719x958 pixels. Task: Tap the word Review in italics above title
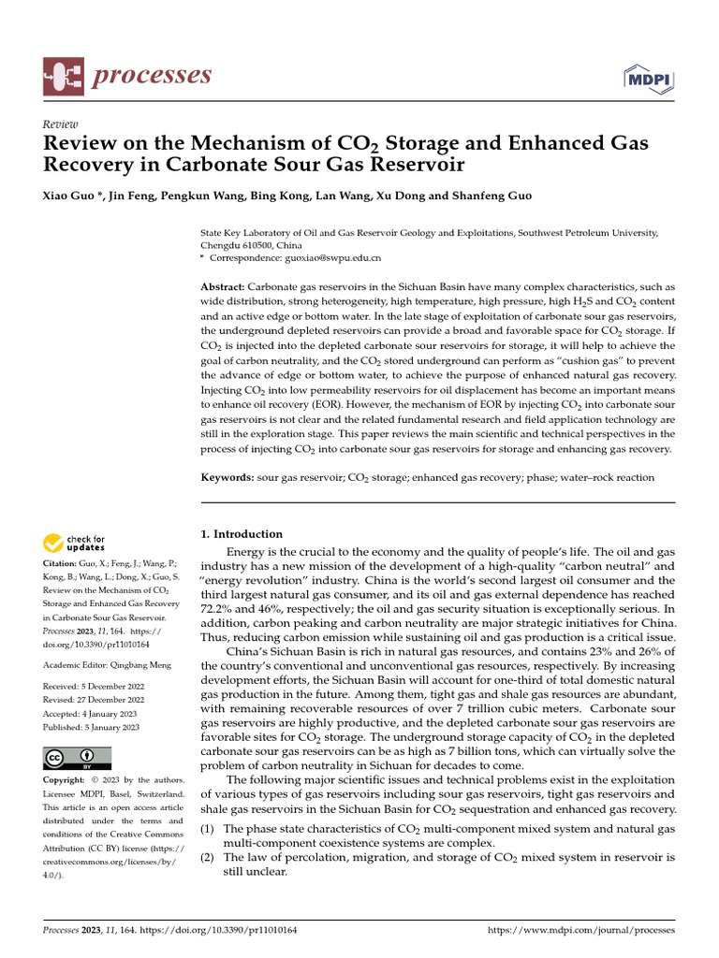61,123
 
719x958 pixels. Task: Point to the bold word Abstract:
224,286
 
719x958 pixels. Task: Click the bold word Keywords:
227,477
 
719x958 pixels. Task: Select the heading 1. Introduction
242,534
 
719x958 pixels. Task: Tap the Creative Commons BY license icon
77,759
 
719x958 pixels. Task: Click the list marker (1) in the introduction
210,829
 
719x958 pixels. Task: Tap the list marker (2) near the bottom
210,857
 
